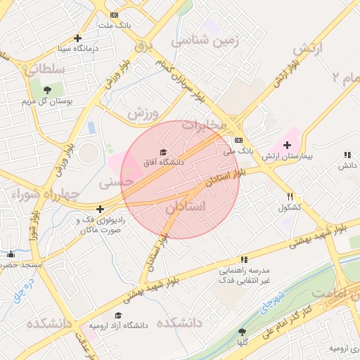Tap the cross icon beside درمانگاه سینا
coord(77,38)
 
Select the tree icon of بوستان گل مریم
coord(47,89)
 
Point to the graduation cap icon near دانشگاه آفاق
coord(163,152)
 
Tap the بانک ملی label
coord(238,150)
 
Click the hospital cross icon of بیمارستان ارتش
coord(287,145)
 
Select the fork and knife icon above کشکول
coord(290,197)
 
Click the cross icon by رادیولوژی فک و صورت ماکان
coord(101,209)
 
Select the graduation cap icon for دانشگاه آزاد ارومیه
coord(118,316)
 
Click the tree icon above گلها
coord(243,331)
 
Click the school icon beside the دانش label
coord(347,155)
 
